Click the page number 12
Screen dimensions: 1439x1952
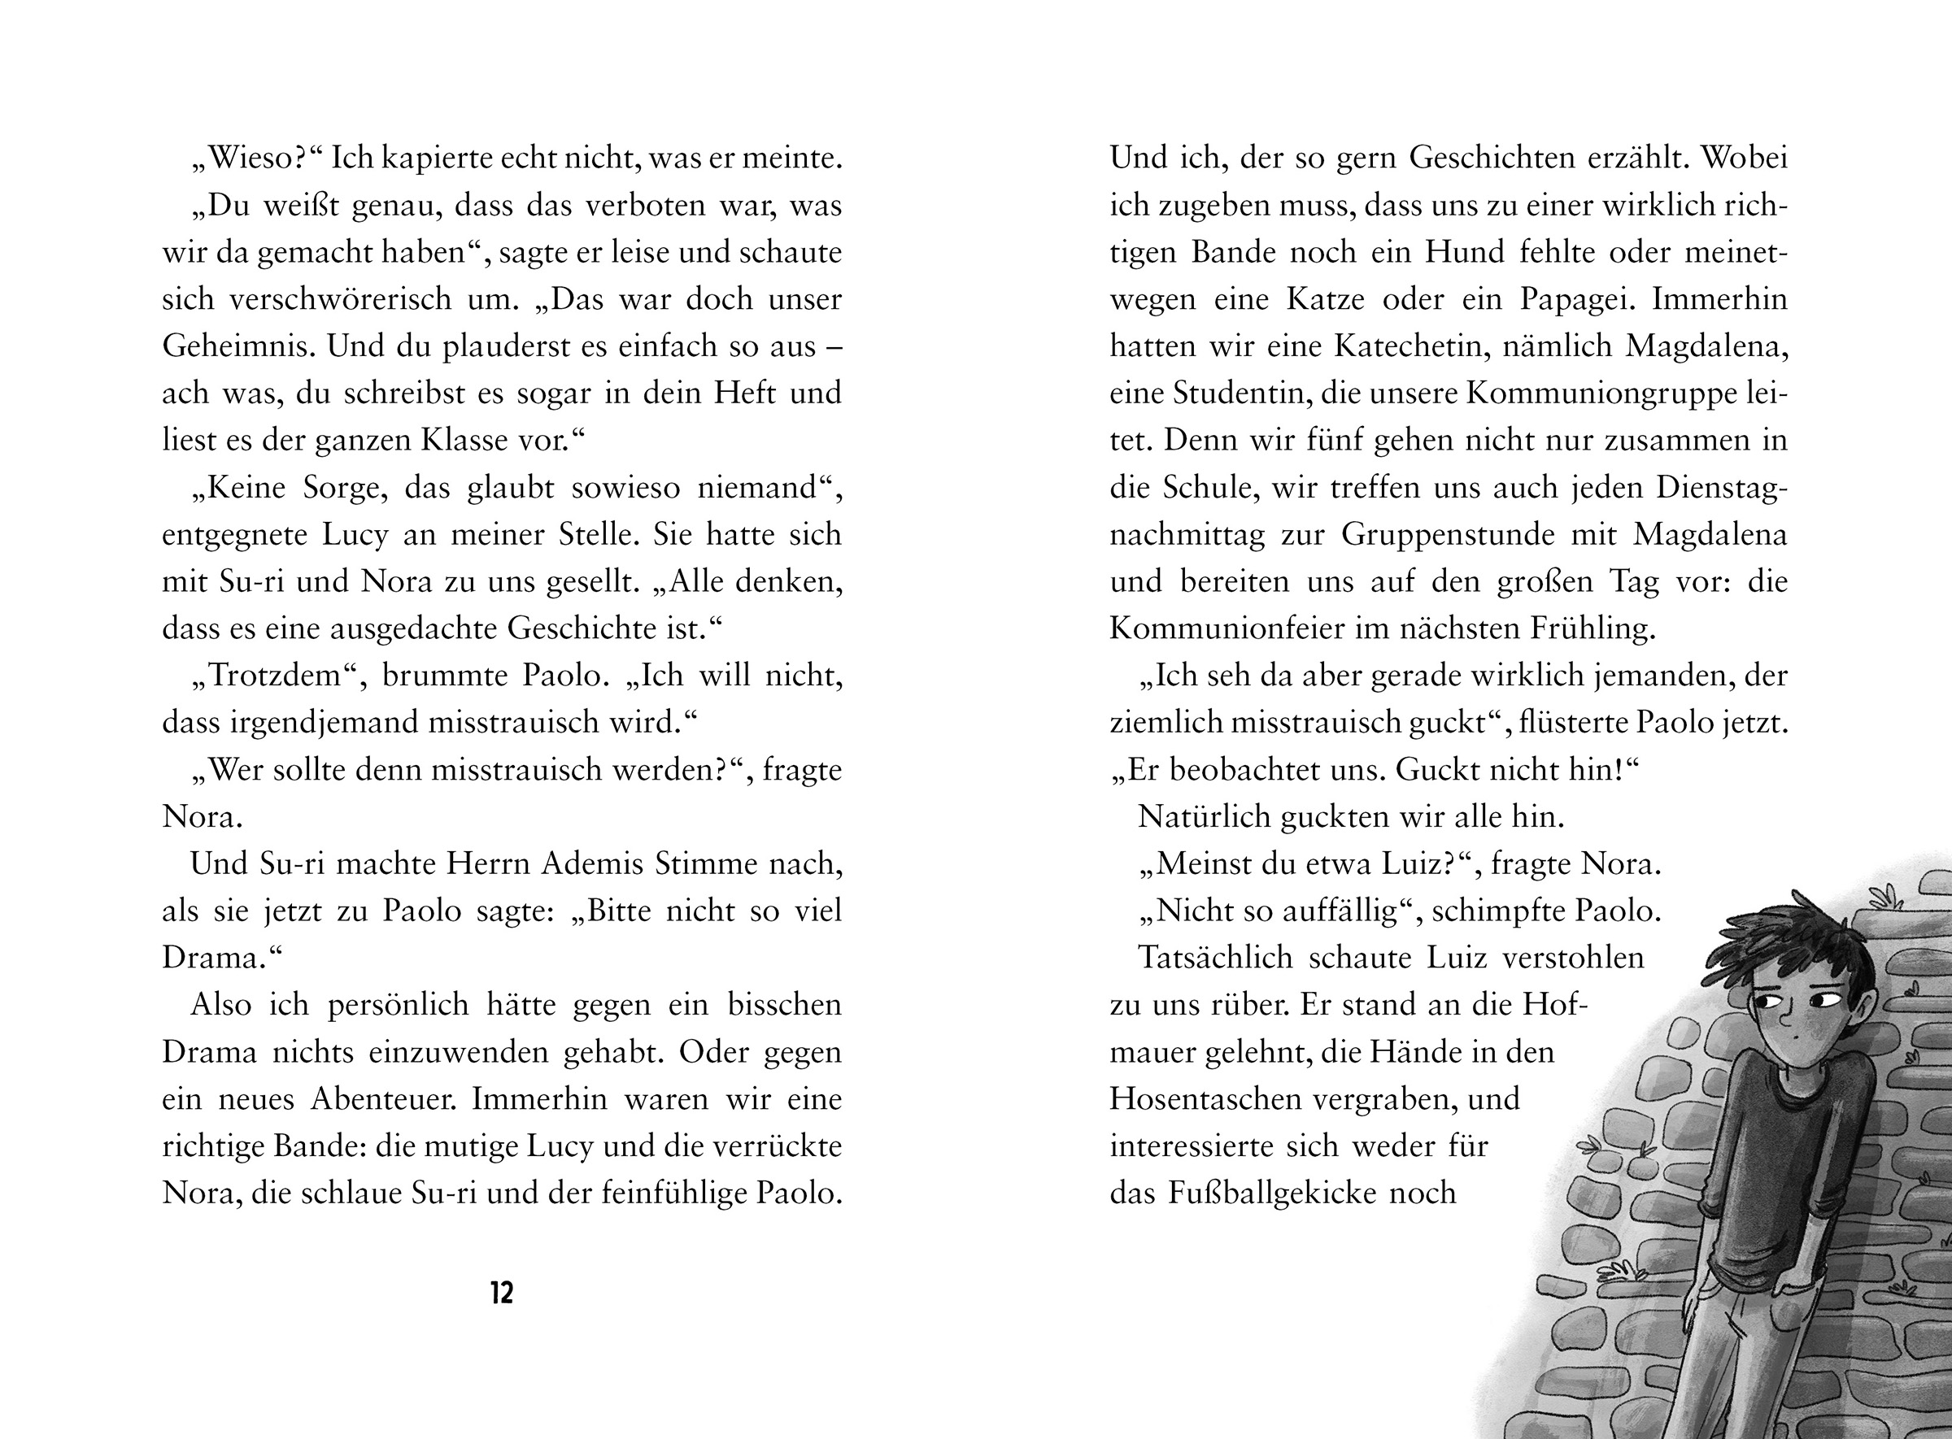point(502,1293)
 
